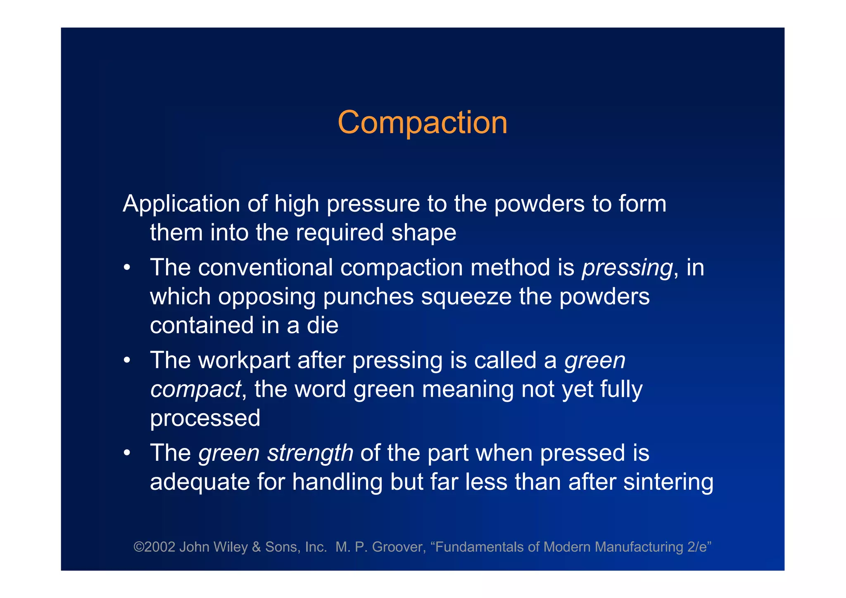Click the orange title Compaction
(x=422, y=123)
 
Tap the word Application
(x=181, y=204)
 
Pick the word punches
(x=368, y=297)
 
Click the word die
(x=322, y=325)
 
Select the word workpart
(x=244, y=360)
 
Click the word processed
(x=205, y=418)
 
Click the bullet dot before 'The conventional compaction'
(x=127, y=268)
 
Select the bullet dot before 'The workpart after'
(x=127, y=360)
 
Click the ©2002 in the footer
(x=154, y=547)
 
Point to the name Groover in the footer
(x=399, y=547)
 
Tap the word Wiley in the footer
(x=230, y=547)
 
